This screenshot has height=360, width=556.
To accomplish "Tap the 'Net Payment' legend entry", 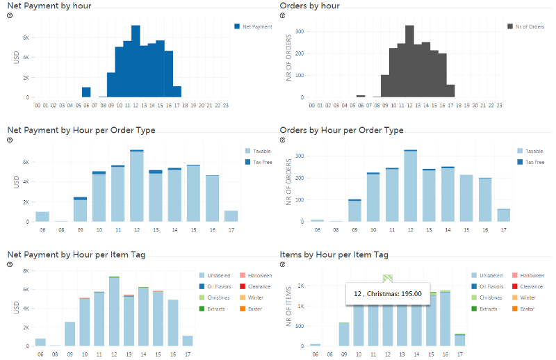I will (x=256, y=26).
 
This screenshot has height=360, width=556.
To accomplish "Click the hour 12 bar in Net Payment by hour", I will (x=136, y=63).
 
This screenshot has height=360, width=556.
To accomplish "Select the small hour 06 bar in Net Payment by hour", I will (x=86, y=92).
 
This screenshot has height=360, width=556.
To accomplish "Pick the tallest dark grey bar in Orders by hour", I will (x=409, y=63).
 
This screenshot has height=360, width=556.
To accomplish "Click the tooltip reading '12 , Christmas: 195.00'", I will (x=388, y=293).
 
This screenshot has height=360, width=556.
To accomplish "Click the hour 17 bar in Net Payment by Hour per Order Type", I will (x=231, y=216).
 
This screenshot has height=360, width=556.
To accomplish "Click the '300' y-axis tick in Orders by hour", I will (x=300, y=31).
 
